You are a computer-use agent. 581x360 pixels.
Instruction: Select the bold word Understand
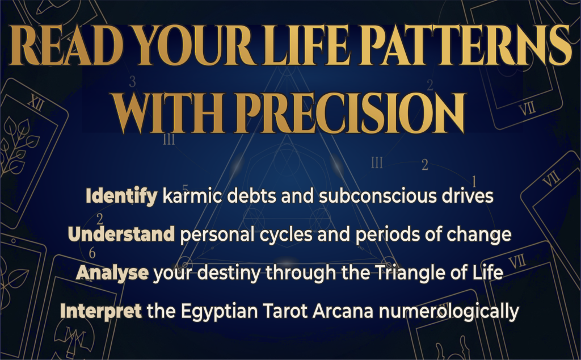coord(120,234)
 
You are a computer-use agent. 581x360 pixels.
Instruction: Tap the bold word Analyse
coord(112,273)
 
